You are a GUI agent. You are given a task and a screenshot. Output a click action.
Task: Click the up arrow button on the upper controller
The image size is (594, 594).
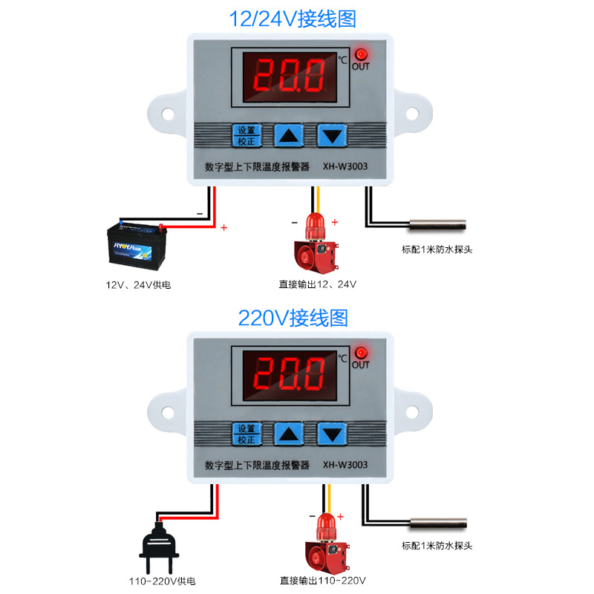(289, 136)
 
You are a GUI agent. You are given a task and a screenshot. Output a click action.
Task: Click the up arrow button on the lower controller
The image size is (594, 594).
(289, 434)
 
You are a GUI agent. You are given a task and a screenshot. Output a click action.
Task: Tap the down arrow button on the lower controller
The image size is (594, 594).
(332, 434)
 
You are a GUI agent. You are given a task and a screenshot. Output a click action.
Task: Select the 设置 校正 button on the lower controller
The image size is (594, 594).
(247, 434)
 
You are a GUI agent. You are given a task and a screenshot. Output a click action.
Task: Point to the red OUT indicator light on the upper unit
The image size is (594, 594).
(361, 54)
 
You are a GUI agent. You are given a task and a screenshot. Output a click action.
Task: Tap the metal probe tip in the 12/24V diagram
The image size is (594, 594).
(437, 223)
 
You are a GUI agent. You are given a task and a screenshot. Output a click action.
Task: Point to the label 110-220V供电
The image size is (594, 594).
(158, 581)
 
